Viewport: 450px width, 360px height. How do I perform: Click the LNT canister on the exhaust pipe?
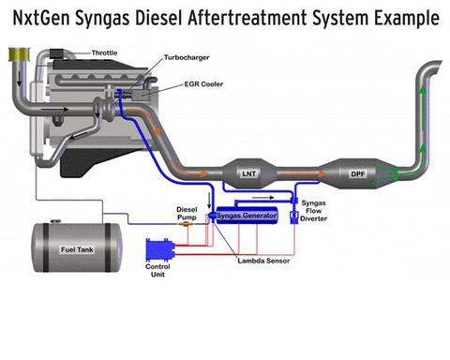[249, 173]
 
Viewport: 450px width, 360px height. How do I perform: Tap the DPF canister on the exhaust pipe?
[358, 173]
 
